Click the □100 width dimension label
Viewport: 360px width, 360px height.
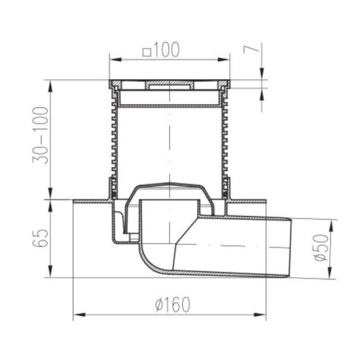[161, 50]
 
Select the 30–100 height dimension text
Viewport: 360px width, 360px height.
[40, 135]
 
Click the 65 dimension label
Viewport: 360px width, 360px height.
[40, 238]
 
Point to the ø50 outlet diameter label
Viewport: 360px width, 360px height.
[320, 248]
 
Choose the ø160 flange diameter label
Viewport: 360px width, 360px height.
[173, 305]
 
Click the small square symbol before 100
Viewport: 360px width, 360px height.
[147, 53]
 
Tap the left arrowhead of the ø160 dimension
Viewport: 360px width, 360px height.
[79, 315]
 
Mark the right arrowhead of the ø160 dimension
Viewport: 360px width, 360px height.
[260, 315]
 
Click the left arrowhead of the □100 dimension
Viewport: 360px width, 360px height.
[115, 60]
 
